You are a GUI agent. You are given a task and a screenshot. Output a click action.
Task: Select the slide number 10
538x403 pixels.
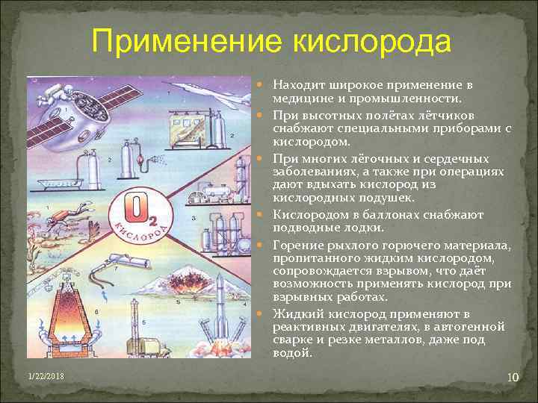click(x=512, y=378)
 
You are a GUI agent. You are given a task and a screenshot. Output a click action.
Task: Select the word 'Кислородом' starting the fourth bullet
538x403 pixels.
click(x=306, y=214)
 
